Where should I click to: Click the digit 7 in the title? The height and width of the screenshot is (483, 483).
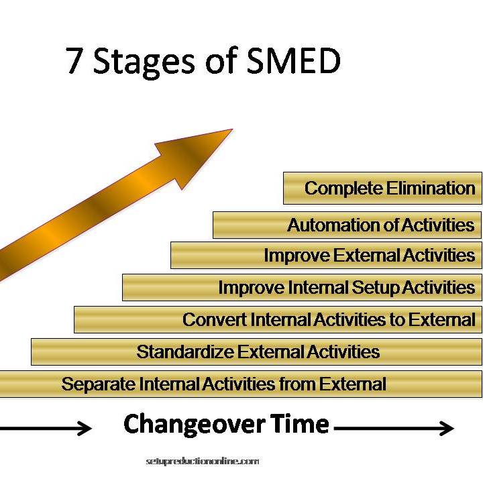coord(73,60)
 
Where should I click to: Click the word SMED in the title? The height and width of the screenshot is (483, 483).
coord(294,60)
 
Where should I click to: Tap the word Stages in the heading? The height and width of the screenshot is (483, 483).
coord(144,63)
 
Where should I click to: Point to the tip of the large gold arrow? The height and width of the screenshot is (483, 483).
coord(233,129)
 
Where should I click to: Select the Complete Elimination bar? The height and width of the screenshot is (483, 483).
coord(382,188)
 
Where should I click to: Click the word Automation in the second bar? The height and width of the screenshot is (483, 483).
coord(333,225)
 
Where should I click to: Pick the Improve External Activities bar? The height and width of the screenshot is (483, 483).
coord(326,256)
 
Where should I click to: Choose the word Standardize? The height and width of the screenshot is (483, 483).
coord(185,352)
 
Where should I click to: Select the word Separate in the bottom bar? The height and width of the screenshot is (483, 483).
coord(98,384)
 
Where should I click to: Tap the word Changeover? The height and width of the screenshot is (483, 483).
coord(194,425)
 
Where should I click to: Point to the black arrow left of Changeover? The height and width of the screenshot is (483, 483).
coord(46,427)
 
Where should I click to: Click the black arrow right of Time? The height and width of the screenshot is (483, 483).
coord(394,428)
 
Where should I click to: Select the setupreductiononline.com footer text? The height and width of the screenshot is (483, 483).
coord(203,462)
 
